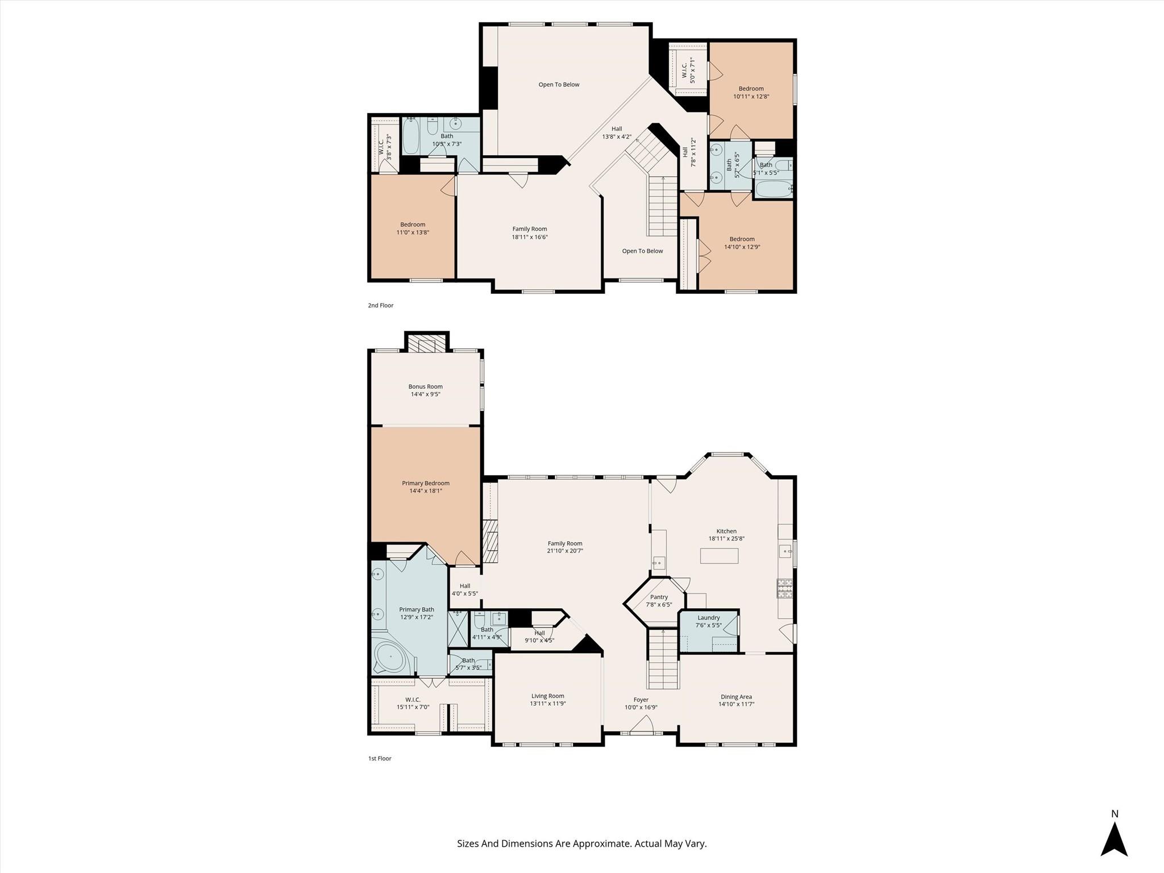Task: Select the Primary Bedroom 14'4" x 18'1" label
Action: coord(426,487)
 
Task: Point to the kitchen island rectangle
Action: coord(719,555)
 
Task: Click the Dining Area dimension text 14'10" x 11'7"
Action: coord(736,704)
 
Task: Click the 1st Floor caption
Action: coord(380,758)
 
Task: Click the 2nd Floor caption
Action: coord(380,305)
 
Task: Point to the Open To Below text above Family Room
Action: coord(559,85)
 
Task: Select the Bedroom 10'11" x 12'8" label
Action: coord(751,93)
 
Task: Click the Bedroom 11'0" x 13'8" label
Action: coord(412,228)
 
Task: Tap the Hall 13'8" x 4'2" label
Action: coord(617,132)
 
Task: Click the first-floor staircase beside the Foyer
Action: coord(663,659)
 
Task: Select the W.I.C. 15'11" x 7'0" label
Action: coord(413,703)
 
